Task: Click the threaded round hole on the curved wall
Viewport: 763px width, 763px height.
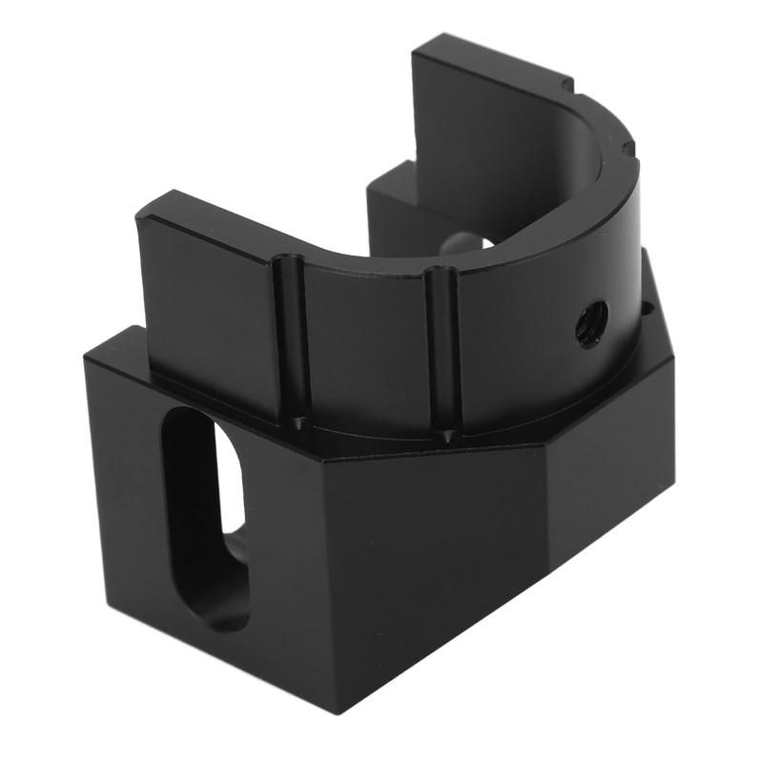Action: click(x=592, y=324)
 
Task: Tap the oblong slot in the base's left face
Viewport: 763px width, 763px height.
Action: click(x=206, y=515)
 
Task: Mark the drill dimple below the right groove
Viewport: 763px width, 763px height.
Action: click(x=447, y=437)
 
